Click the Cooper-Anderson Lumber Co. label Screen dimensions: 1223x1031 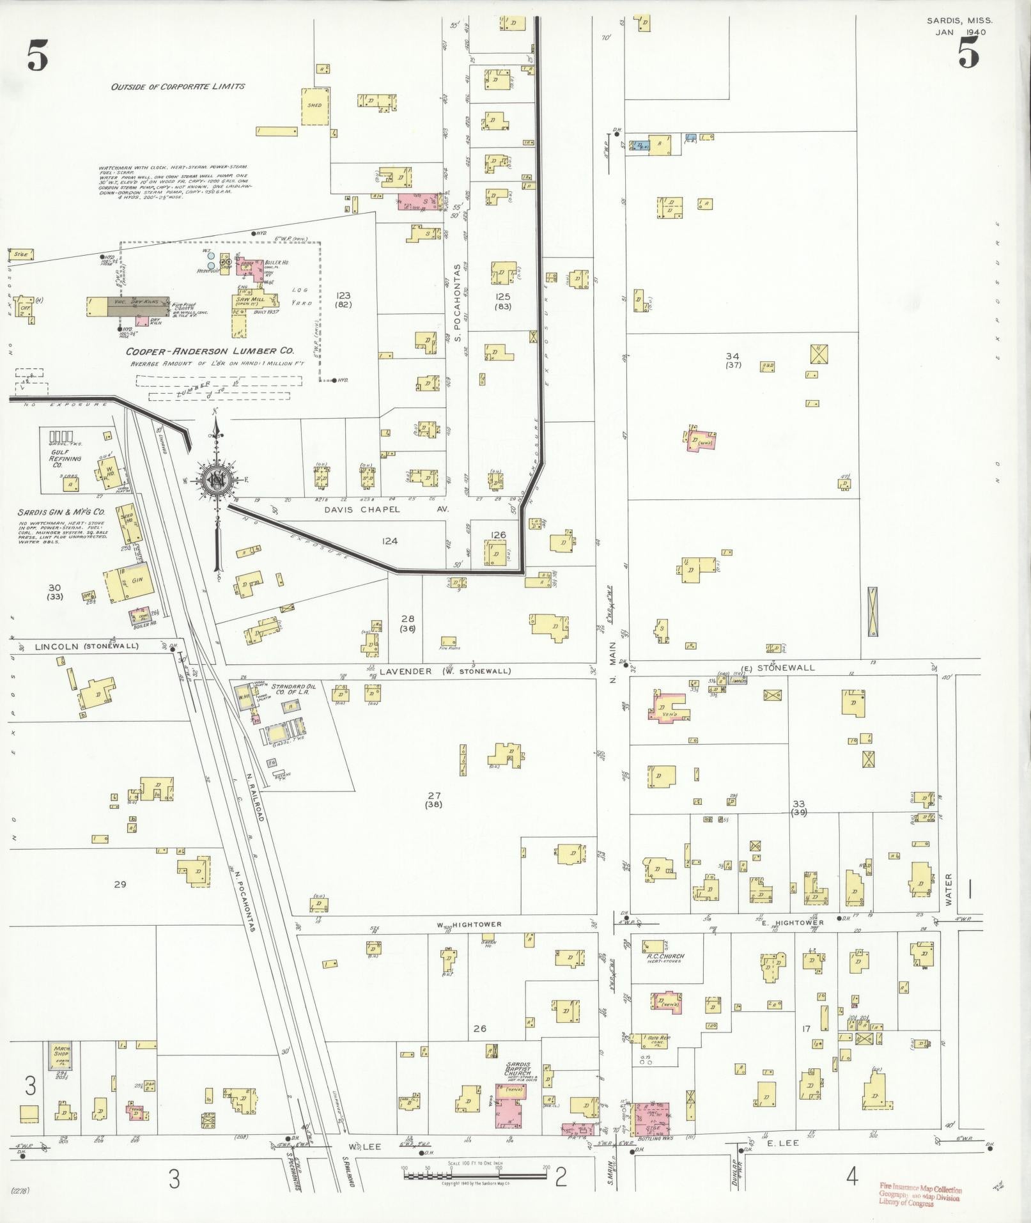(x=209, y=351)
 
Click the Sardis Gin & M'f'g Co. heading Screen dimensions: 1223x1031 (x=62, y=513)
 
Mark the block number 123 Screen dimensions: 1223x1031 (x=344, y=295)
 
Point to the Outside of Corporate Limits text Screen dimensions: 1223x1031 (x=178, y=86)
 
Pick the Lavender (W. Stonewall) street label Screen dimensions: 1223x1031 (x=444, y=671)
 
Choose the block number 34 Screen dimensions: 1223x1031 (x=733, y=355)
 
